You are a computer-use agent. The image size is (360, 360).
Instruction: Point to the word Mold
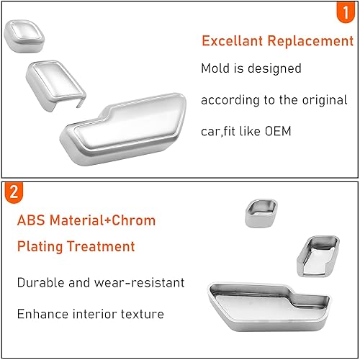[216, 68]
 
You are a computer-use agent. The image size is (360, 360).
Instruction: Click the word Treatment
[104, 246]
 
